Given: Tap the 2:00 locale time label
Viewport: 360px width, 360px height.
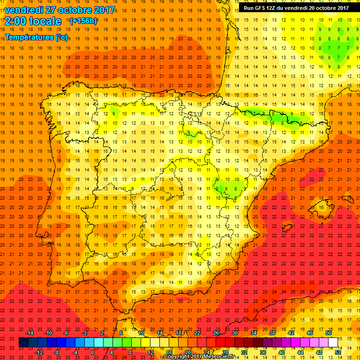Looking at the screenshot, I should pyautogui.click(x=33, y=21).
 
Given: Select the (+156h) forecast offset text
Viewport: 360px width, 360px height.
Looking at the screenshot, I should pyautogui.click(x=83, y=21).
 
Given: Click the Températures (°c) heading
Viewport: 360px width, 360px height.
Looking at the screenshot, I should pyautogui.click(x=36, y=37).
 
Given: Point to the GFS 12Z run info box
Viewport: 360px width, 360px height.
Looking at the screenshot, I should pyautogui.click(x=296, y=8).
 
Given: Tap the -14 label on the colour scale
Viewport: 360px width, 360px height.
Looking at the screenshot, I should pyautogui.click(x=30, y=333).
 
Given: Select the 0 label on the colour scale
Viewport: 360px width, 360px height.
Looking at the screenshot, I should pyautogui.click(x=92, y=352).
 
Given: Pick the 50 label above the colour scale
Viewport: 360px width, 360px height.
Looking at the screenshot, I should pyautogui.click(x=329, y=333).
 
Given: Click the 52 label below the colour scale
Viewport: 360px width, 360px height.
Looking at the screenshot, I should pyautogui.click(x=338, y=352).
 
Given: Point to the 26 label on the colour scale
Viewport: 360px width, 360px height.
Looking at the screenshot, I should pyautogui.click(x=216, y=333).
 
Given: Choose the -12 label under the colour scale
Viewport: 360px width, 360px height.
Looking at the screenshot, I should pyautogui.click(x=39, y=352).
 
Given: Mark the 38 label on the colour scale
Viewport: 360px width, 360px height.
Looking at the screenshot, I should pyautogui.click(x=272, y=333).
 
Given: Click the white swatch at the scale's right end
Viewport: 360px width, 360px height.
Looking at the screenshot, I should pyautogui.click(x=333, y=343).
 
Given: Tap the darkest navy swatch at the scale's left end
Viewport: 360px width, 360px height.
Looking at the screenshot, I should pyautogui.click(x=23, y=343).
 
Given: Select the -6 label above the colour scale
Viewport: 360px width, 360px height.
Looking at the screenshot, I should pyautogui.click(x=66, y=333).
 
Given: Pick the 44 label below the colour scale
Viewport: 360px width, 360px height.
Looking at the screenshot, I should pyautogui.click(x=300, y=352).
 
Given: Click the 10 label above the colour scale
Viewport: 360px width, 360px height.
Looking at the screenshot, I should pyautogui.click(x=141, y=333).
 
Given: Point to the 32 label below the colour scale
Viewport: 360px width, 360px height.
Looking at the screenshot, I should pyautogui.click(x=244, y=352).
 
